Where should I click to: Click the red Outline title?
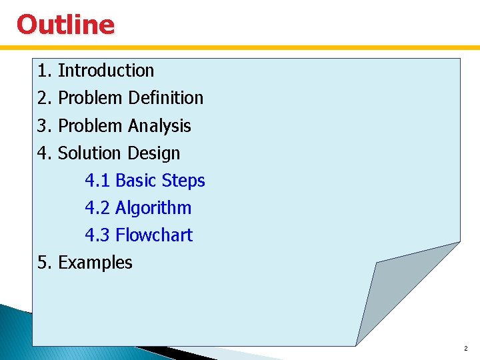point(66,24)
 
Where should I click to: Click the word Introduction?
point(106,71)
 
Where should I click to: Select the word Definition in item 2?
point(165,97)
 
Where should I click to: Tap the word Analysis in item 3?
point(159,126)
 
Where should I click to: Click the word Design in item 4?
point(154,153)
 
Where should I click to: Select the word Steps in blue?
point(183,181)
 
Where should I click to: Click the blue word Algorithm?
point(153,208)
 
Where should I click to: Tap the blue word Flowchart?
point(154,235)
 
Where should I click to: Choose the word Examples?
point(95,263)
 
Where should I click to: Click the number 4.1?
point(97,180)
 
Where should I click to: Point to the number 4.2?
point(97,207)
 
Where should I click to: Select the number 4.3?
point(97,235)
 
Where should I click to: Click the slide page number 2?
point(466,349)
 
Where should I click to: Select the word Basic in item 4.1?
point(135,180)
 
